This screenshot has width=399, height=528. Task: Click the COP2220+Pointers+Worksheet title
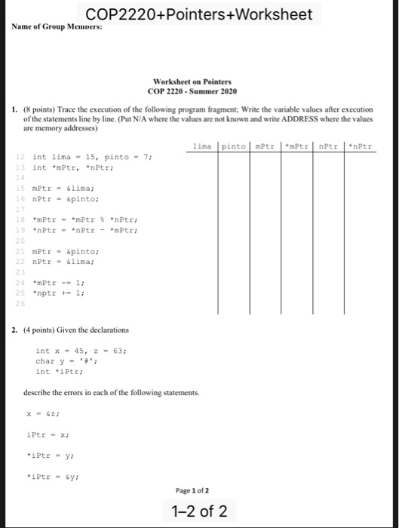pyautogui.click(x=199, y=14)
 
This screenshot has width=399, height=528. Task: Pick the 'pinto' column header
pyautogui.click(x=235, y=146)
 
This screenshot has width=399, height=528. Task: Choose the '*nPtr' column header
pyautogui.click(x=360, y=146)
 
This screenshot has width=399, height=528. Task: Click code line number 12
pyautogui.click(x=21, y=156)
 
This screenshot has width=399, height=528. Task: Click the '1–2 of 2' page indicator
pyautogui.click(x=199, y=512)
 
